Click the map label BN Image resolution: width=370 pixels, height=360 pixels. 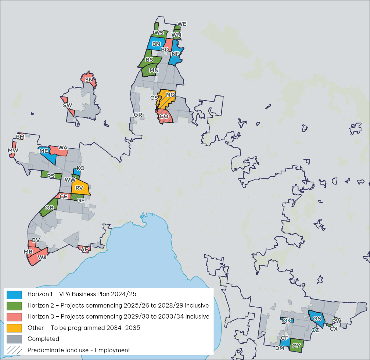tap(156, 44)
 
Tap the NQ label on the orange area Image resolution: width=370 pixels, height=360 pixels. tap(170, 95)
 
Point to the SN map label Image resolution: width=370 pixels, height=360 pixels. tap(89, 80)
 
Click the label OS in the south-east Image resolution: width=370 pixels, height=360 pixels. tap(317, 319)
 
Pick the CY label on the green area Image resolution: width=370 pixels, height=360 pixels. tap(296, 345)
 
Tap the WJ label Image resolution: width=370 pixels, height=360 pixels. tap(42, 257)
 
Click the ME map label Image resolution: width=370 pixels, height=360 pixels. tap(44, 151)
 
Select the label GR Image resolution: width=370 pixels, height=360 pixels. tap(138, 115)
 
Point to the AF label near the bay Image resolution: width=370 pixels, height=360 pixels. tap(85, 250)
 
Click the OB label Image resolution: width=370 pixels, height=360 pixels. tap(49, 208)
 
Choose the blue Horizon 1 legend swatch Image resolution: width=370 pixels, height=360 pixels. tap(14, 294)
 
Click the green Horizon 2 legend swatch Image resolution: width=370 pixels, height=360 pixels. tap(14, 305)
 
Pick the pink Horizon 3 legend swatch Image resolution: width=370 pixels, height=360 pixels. tap(14, 316)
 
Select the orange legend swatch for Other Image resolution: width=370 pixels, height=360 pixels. tap(14, 328)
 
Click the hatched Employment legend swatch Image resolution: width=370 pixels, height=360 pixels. tap(14, 350)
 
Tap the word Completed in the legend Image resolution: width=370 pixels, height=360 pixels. tap(43, 339)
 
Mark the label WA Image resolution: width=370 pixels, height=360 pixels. tap(62, 148)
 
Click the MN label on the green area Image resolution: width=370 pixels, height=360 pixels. tap(154, 70)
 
